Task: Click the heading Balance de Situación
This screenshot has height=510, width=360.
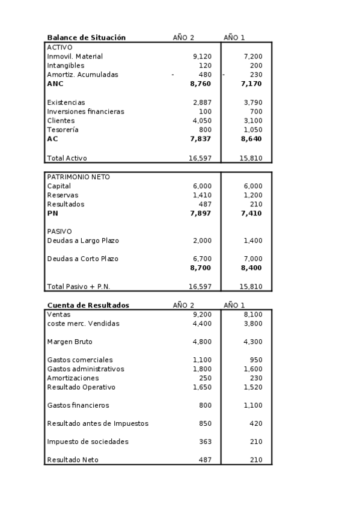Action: coord(86,37)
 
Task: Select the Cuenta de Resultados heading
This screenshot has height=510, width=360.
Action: coord(88,306)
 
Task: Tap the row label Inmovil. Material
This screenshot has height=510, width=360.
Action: coord(75,57)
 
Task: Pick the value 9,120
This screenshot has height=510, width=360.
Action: coord(202,57)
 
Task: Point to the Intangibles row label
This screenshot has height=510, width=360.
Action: coord(66,66)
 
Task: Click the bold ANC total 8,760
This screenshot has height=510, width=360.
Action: coord(200,84)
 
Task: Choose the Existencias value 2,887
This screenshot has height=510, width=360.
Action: coord(202,103)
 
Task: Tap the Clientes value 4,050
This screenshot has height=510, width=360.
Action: coord(202,121)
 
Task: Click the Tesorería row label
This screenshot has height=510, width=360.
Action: coord(63,130)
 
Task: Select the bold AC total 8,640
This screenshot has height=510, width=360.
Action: coord(251,139)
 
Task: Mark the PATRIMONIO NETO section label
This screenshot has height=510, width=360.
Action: coord(78,177)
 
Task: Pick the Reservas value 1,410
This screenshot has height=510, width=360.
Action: coord(202,195)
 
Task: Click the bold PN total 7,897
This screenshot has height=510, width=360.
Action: coord(200,214)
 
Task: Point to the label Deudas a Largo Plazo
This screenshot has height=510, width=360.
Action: coord(83,241)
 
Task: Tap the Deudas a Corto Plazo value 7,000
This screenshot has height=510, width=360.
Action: coord(253,259)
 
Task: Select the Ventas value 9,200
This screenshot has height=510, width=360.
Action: coord(202,315)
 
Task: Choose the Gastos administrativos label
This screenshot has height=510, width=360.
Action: coord(85,369)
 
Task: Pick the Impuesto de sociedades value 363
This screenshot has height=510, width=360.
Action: coord(205,442)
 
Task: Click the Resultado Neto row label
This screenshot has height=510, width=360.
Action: coord(72,460)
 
